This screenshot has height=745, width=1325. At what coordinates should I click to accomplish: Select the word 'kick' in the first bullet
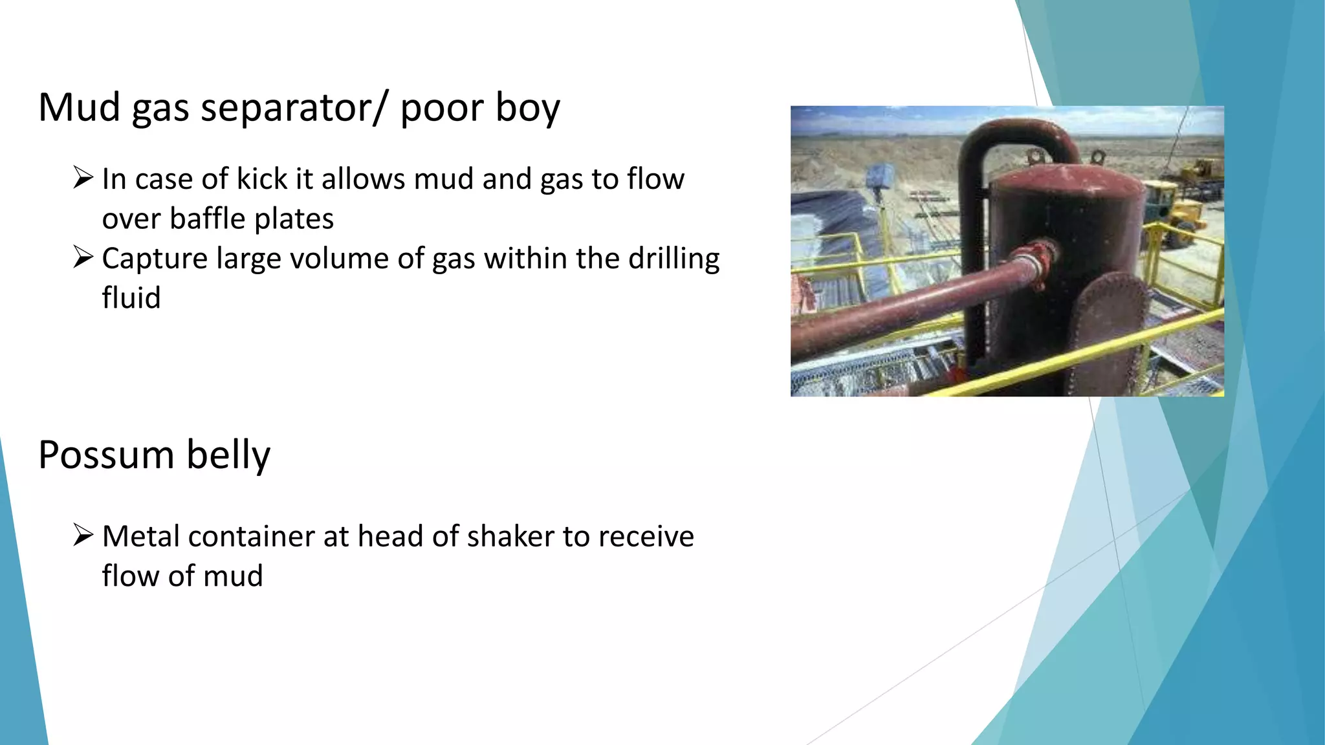click(261, 178)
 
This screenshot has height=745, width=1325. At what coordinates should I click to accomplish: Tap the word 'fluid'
click(131, 298)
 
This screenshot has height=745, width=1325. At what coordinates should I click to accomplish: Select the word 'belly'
click(228, 455)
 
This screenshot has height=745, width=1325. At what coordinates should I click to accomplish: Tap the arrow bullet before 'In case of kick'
click(83, 177)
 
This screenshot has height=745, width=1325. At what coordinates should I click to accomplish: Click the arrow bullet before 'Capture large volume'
click(83, 257)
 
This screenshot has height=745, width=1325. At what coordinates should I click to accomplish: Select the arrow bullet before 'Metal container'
click(83, 535)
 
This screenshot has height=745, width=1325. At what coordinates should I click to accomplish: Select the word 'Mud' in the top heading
click(80, 107)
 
